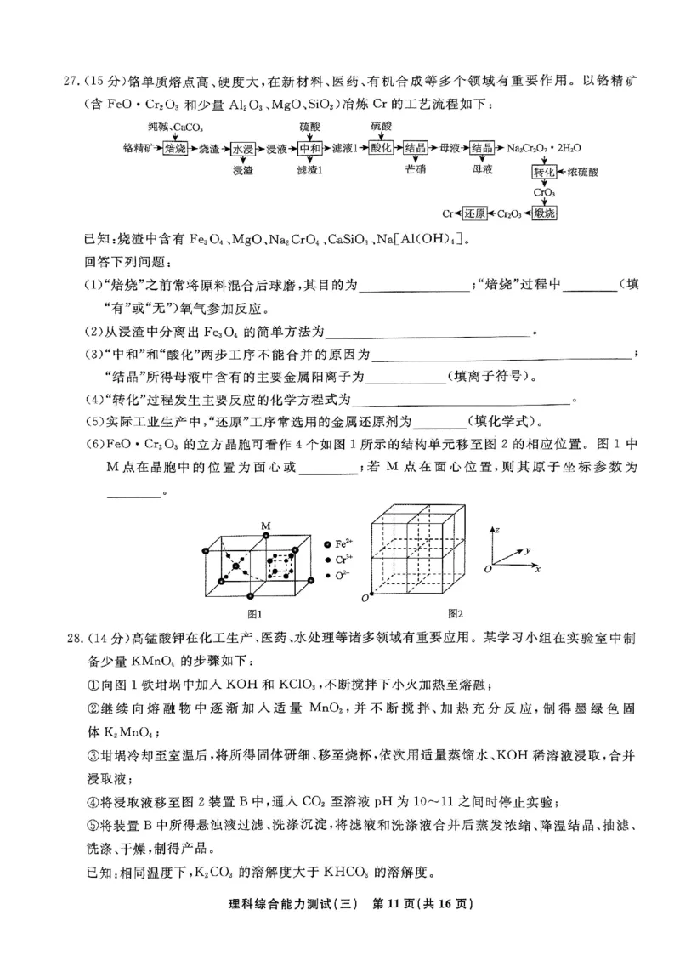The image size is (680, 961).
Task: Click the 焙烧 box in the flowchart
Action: pos(174,147)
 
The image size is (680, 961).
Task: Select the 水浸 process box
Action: pos(243,147)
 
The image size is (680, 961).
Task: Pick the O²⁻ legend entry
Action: pos(343,577)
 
